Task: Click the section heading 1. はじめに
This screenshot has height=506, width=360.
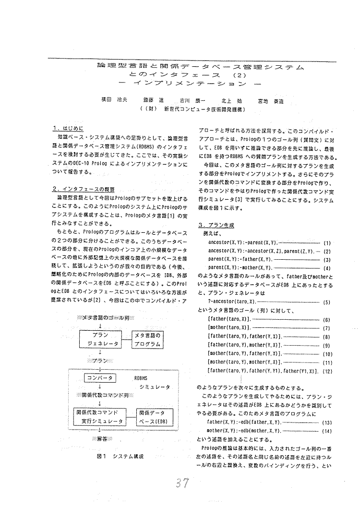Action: [69, 129]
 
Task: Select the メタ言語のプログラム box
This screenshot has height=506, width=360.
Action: [149, 339]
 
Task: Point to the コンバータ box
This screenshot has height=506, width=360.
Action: [100, 378]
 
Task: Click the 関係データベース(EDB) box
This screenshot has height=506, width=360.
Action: [152, 417]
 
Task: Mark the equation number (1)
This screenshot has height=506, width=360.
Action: [327, 243]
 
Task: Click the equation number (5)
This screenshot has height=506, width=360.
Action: [327, 302]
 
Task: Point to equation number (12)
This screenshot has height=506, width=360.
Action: [327, 371]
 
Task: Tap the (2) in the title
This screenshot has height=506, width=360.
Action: [239, 75]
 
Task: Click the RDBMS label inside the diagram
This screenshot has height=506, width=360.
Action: [141, 378]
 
